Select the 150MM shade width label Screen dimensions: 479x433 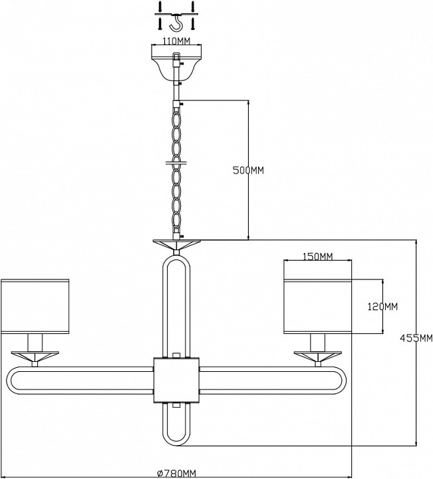tap(317, 257)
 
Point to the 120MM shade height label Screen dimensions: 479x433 tap(383, 307)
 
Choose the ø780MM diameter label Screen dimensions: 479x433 tap(176, 473)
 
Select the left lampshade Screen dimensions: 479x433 tap(35, 305)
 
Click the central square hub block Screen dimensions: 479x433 tap(176, 380)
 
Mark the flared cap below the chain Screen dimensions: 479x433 tap(177, 244)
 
